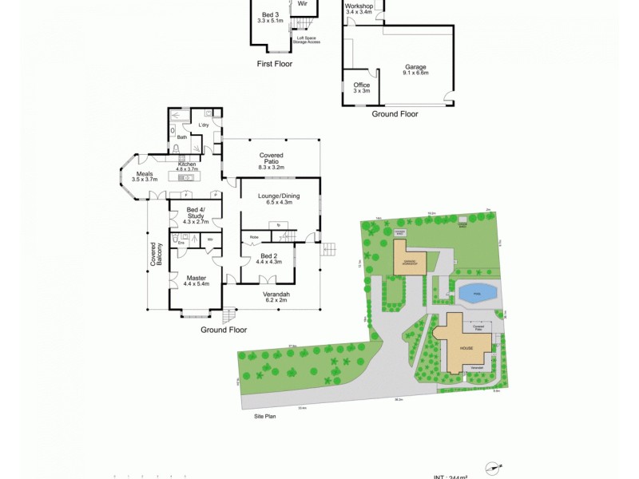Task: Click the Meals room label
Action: tap(145, 176)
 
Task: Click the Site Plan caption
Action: tap(264, 416)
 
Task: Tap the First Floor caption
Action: tap(274, 63)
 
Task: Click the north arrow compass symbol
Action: tap(496, 466)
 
